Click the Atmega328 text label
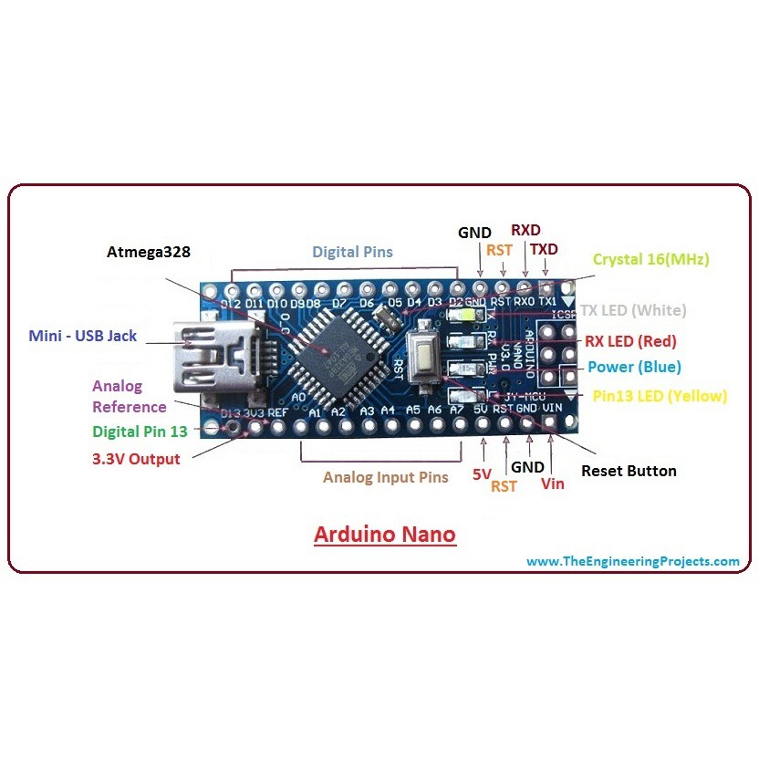coord(148,252)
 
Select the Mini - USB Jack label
coord(82,336)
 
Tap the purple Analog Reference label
coord(130,397)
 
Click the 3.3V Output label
coord(136,459)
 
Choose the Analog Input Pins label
coord(386,477)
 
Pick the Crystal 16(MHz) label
coord(650,259)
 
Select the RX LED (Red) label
coord(630,341)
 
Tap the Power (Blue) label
coord(634,367)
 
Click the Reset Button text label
coord(629,471)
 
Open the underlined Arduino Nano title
coord(384,534)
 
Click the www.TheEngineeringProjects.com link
coord(633,561)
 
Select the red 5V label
coord(482,474)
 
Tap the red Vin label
coord(553,483)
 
